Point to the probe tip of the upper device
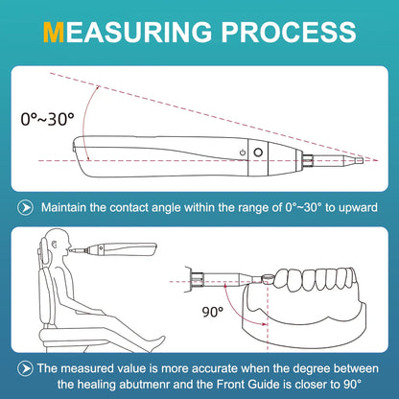coord(365,159)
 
